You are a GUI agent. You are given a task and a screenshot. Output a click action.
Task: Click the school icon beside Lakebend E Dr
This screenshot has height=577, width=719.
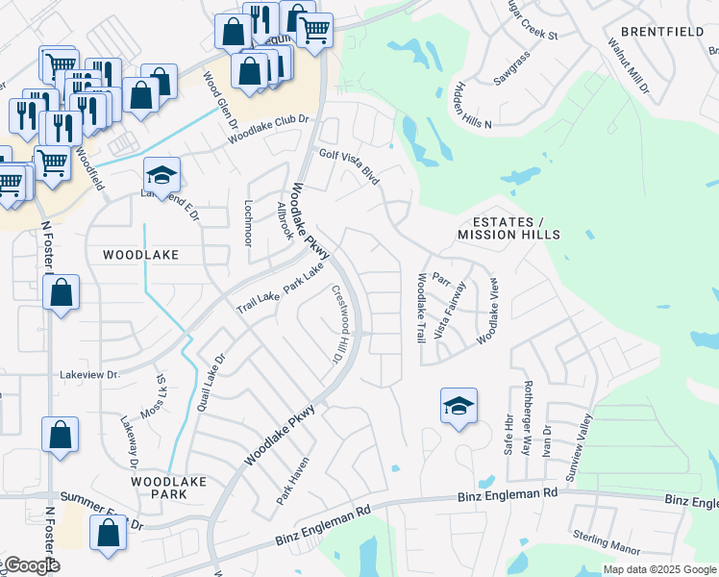pos(162,175)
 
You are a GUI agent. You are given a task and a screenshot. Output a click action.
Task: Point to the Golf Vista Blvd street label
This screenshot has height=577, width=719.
pos(350,165)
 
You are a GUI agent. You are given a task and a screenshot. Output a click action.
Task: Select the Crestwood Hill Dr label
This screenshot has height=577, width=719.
pos(338,323)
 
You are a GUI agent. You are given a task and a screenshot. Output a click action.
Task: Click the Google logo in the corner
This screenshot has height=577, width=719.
pos(31,565)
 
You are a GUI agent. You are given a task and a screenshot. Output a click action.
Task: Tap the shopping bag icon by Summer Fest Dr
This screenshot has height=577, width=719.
pos(108,533)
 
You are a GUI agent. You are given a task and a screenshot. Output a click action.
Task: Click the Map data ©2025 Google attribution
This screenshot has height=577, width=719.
pos(659,569)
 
